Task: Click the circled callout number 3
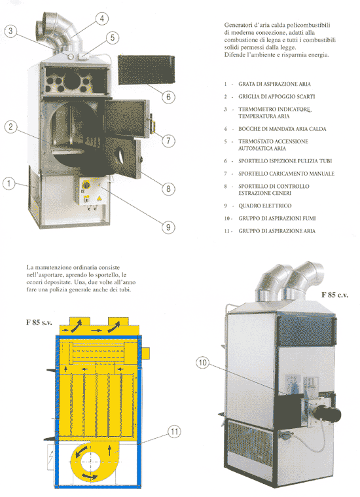click(x=10, y=31)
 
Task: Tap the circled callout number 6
click(x=169, y=97)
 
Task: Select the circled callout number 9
click(x=168, y=227)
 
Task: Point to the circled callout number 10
click(x=203, y=363)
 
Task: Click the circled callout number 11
click(x=174, y=432)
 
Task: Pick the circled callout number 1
click(x=9, y=183)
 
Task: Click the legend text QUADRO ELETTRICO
click(x=265, y=206)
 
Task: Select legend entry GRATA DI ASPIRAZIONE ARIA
click(x=274, y=84)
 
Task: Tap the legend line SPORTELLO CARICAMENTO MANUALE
click(x=286, y=174)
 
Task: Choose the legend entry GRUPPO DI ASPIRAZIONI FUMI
click(x=277, y=219)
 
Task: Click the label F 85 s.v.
click(x=39, y=323)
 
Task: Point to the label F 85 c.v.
click(x=334, y=295)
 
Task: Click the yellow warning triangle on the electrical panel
click(x=99, y=198)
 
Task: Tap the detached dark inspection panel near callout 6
click(x=147, y=70)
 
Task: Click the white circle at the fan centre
click(x=90, y=462)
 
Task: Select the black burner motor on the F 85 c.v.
click(x=327, y=413)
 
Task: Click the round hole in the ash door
click(x=120, y=155)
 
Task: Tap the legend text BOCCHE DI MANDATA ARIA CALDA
click(x=282, y=129)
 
